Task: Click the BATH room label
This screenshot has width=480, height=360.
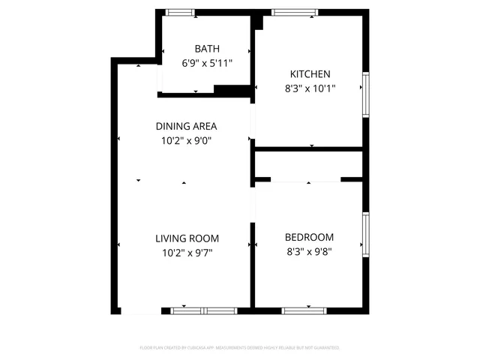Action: tap(207, 49)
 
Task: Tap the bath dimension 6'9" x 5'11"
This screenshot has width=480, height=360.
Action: tap(207, 64)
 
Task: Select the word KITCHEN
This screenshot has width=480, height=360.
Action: tap(310, 73)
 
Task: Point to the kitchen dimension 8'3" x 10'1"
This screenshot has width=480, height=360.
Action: tap(310, 88)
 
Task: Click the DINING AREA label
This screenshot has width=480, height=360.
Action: tap(186, 126)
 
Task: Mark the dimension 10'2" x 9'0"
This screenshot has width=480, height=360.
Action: tap(186, 140)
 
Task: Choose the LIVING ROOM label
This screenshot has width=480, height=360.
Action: tap(187, 238)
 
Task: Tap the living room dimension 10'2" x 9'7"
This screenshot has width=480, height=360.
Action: tap(187, 253)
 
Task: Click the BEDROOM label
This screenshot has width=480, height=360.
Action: tap(309, 237)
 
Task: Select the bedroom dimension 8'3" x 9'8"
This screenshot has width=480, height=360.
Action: tap(309, 252)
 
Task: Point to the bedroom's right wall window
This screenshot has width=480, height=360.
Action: tap(366, 234)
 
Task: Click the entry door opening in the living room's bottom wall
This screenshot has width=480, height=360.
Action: tap(141, 310)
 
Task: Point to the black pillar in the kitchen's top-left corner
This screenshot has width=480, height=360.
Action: tap(258, 21)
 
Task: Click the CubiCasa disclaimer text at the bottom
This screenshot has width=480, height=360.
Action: tap(240, 348)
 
